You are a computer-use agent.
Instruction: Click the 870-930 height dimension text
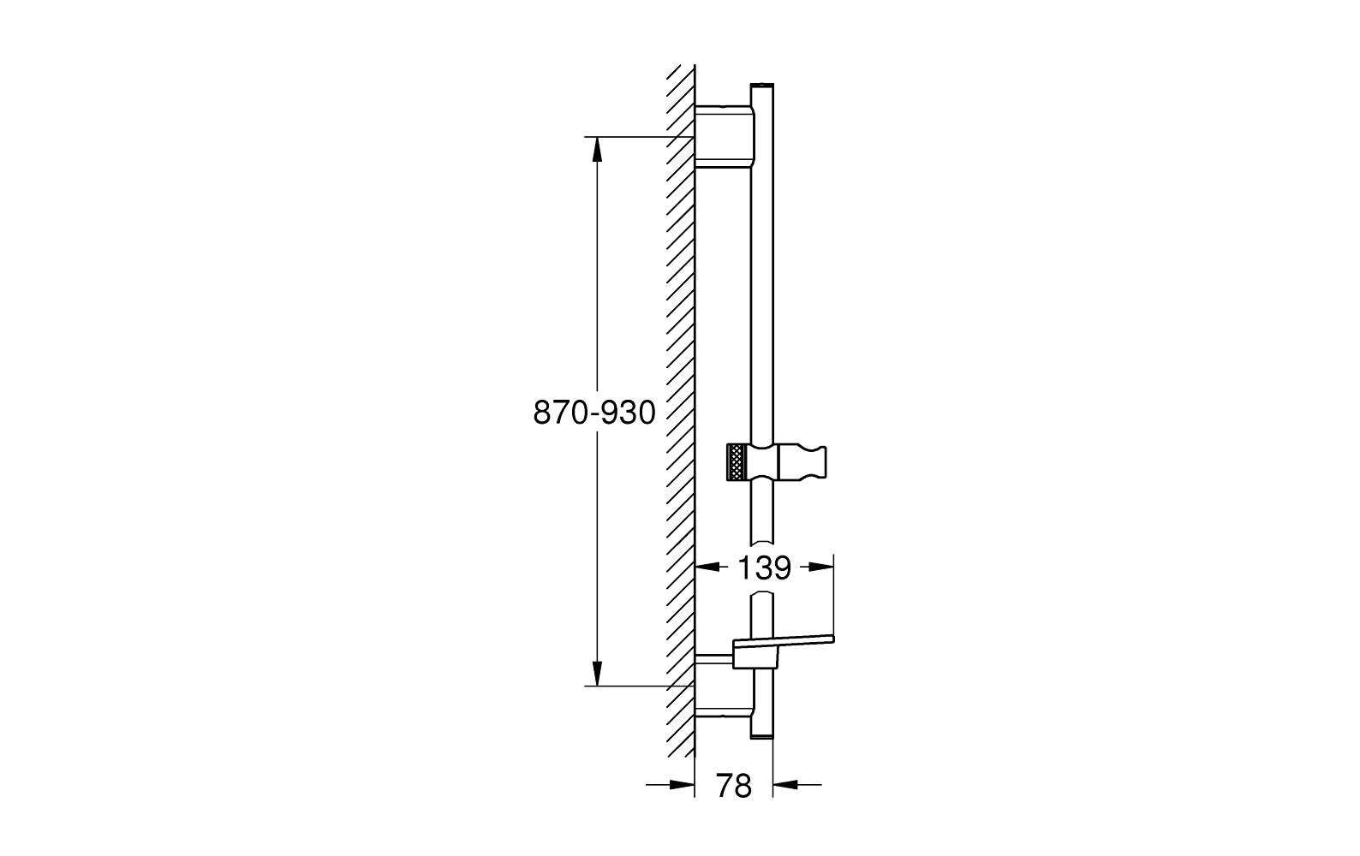[594, 413]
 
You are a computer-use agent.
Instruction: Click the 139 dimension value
[765, 568]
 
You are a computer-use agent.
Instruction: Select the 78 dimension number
[733, 786]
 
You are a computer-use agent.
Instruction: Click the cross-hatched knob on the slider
[736, 463]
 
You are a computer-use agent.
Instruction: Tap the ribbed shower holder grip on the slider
[809, 462]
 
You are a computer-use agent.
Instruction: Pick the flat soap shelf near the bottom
[784, 641]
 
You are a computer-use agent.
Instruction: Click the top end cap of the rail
[762, 86]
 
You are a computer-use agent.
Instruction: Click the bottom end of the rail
[761, 732]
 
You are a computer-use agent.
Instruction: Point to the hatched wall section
[681, 411]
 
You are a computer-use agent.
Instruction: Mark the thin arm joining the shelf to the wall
[714, 658]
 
